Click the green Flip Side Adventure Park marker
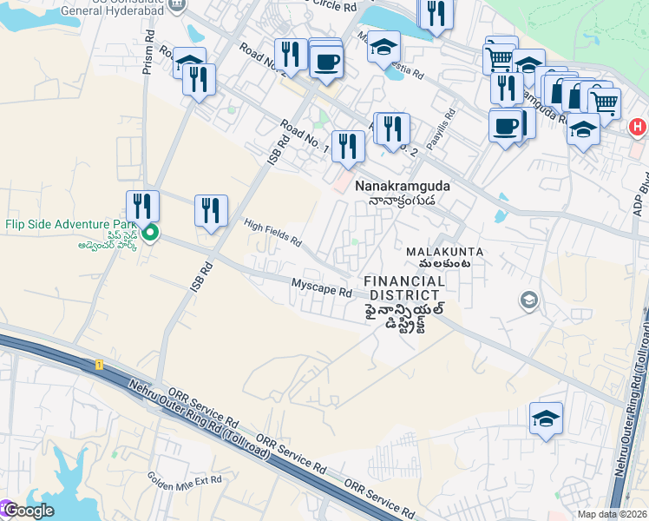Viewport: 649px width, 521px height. tap(150, 233)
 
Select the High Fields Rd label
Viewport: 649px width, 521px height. tap(272, 232)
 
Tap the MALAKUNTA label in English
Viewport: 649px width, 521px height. tap(444, 252)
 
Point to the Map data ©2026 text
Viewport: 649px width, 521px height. tap(613, 514)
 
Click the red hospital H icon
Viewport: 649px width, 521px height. tap(637, 127)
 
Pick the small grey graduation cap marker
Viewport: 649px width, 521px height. tap(528, 300)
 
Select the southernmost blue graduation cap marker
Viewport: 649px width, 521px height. tap(546, 419)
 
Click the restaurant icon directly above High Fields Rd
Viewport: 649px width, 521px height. tap(211, 210)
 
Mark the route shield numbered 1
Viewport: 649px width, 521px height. tap(100, 365)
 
